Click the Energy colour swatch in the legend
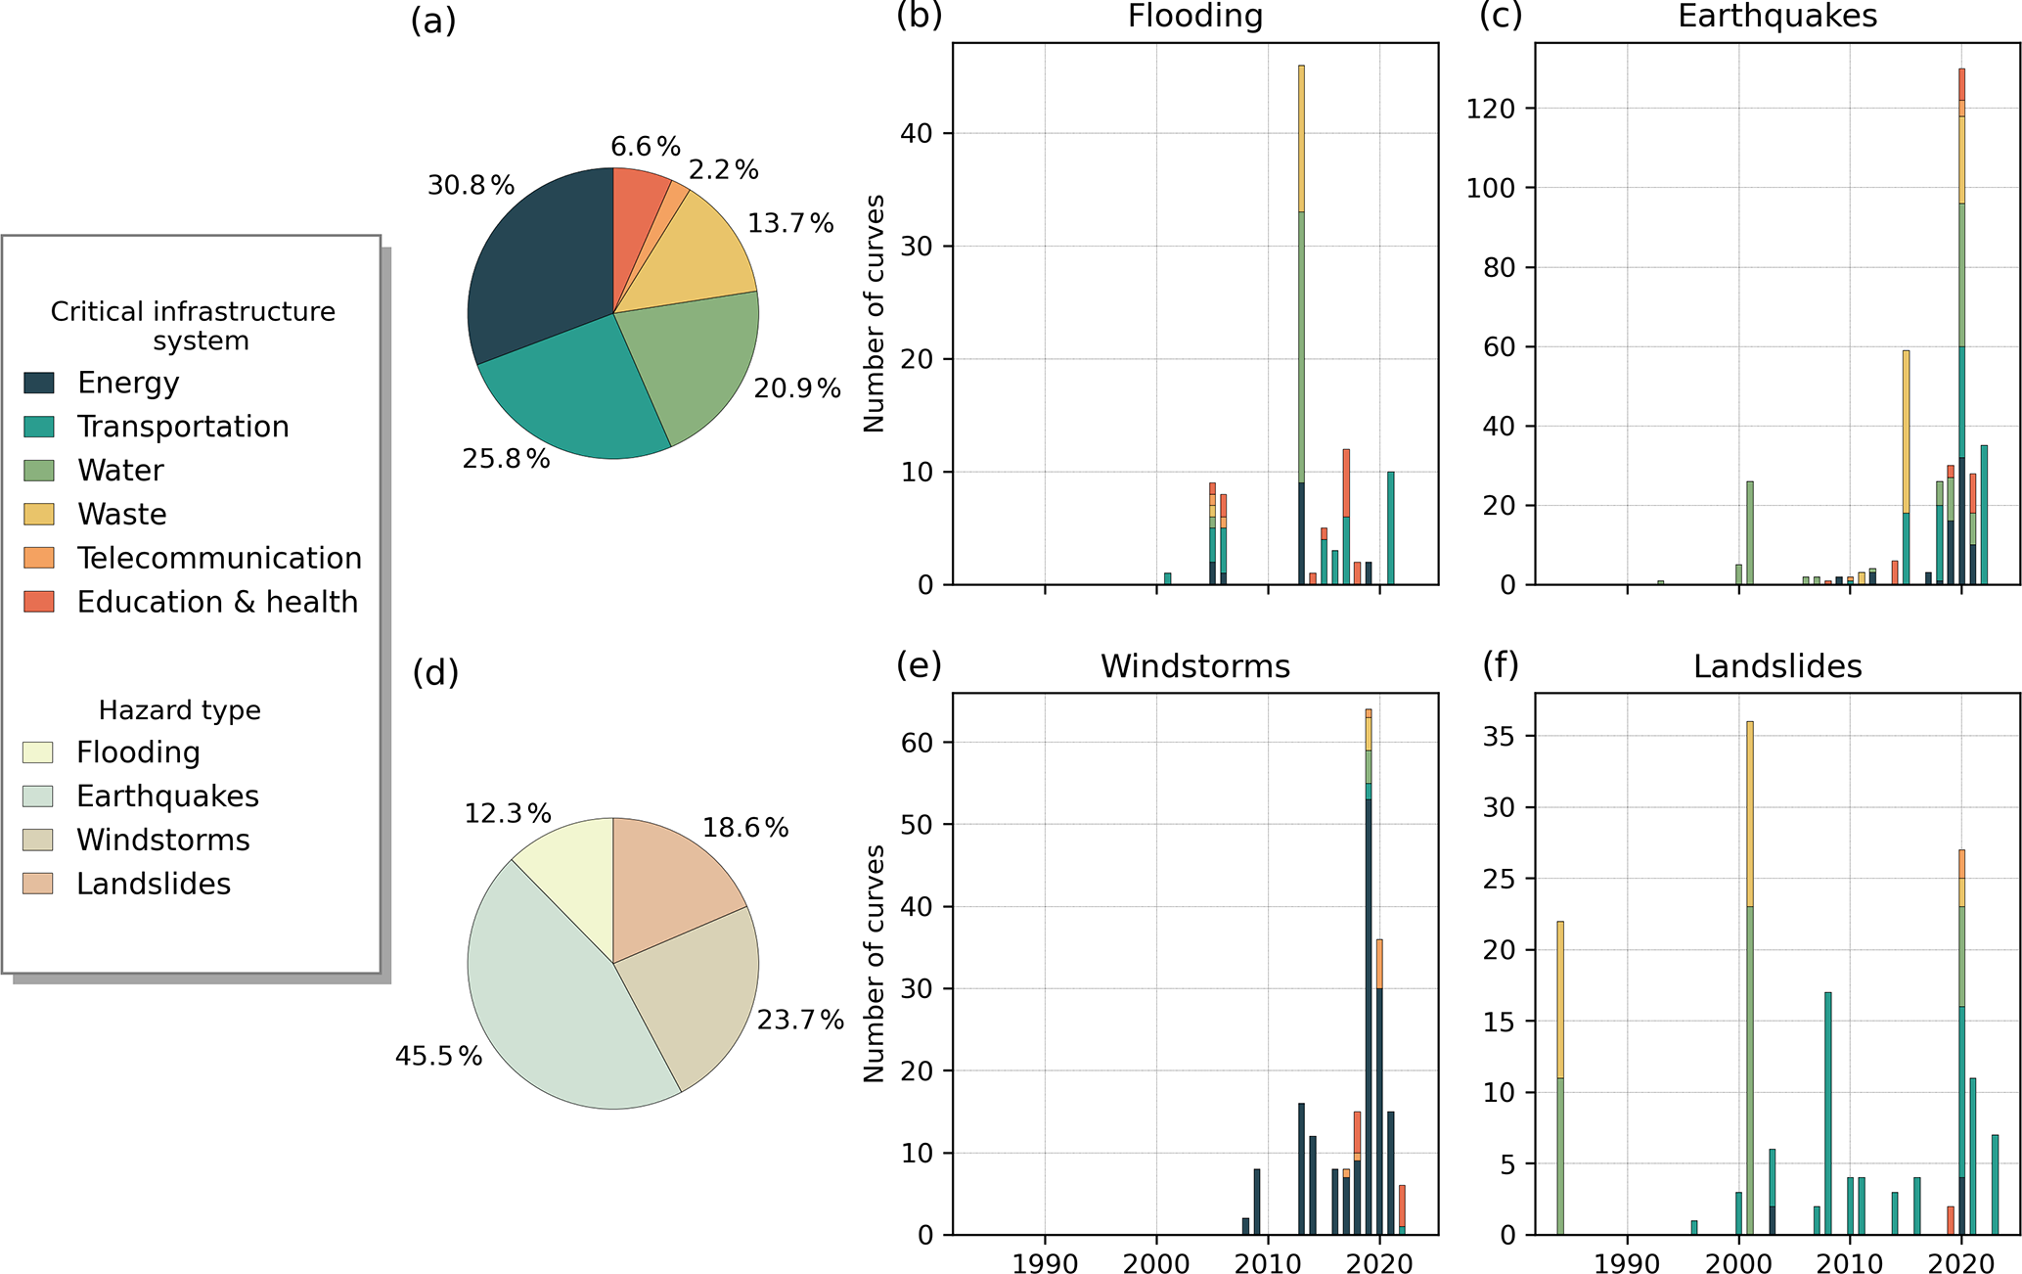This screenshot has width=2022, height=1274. click(x=39, y=383)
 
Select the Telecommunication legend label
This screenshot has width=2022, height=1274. click(x=219, y=558)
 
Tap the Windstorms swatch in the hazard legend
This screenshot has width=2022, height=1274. click(x=38, y=840)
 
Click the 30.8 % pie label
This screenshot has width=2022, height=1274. click(x=471, y=185)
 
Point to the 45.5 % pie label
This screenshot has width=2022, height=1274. click(x=438, y=1056)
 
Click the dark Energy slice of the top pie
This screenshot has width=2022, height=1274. click(x=538, y=274)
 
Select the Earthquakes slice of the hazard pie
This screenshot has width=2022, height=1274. click(x=548, y=1018)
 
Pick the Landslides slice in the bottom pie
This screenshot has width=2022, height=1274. click(x=665, y=890)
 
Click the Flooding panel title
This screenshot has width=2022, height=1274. click(x=1194, y=17)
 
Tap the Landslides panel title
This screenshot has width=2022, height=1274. click(x=1776, y=666)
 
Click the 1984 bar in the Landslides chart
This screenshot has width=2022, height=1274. click(x=1560, y=1076)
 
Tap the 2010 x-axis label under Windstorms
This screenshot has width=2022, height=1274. click(x=1268, y=1263)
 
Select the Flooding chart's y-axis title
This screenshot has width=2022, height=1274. click(x=874, y=313)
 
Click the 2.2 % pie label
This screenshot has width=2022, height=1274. click(x=723, y=170)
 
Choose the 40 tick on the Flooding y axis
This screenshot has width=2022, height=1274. click(x=920, y=133)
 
